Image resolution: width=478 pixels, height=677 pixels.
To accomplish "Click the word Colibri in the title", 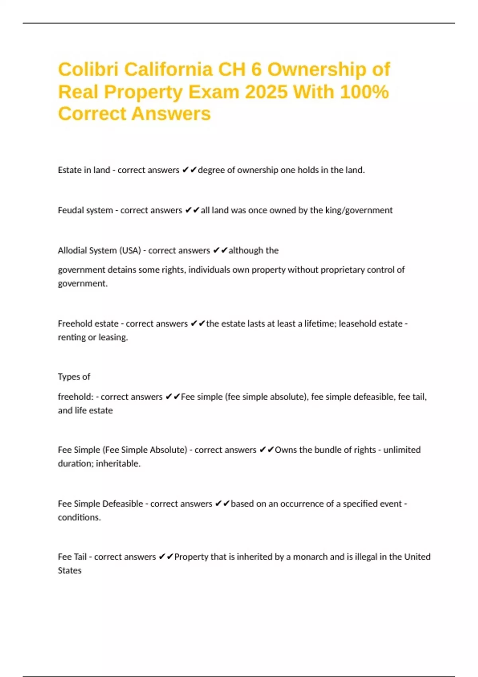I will click(x=88, y=70).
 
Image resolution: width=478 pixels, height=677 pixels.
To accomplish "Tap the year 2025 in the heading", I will click(x=266, y=92).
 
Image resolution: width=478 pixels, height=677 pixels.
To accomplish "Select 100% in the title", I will click(x=364, y=92).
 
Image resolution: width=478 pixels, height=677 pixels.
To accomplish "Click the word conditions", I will click(x=79, y=517).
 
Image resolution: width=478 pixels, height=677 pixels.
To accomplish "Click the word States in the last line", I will click(x=70, y=570).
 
